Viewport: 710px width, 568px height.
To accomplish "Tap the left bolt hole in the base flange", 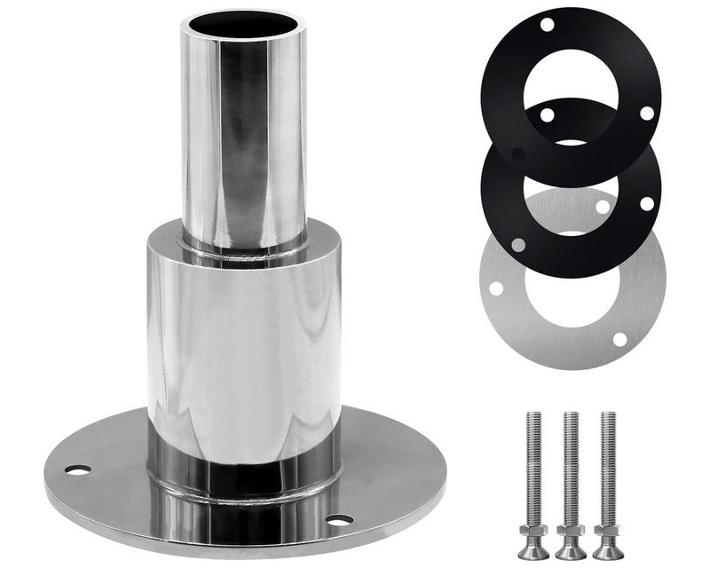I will click(78, 469).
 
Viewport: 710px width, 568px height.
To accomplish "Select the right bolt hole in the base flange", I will click(339, 519).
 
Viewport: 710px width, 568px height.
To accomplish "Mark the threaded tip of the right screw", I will click(608, 417).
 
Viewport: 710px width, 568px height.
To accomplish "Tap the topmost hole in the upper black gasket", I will click(548, 23).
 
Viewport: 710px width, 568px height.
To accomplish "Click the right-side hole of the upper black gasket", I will click(646, 113).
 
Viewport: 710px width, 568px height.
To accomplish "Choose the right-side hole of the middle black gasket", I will click(646, 203).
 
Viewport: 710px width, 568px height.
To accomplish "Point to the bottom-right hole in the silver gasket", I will click(620, 340).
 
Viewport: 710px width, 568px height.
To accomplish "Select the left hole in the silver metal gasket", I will click(496, 288).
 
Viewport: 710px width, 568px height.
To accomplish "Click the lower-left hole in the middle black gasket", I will click(517, 244).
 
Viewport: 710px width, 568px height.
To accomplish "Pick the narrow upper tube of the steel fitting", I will click(243, 133).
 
